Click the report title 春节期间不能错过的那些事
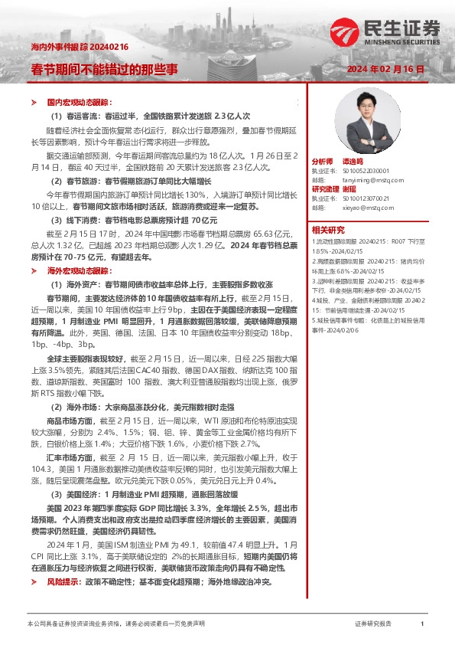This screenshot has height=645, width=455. pyautogui.click(x=103, y=69)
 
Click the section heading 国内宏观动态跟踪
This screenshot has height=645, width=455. pyautogui.click(x=80, y=101)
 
